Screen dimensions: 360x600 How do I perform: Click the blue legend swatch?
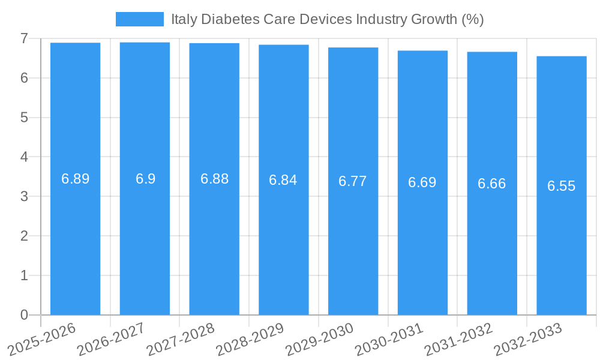point(139,19)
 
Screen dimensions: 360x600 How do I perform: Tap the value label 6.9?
point(145,179)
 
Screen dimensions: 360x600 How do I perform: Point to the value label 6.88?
point(214,179)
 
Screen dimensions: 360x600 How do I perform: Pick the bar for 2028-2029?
point(284,252)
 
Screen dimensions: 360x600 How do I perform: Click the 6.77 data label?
point(353,181)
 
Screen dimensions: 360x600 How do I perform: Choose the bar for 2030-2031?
point(422,252)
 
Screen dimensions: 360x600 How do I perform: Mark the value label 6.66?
point(492,184)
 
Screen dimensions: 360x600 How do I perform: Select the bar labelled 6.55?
point(562,252)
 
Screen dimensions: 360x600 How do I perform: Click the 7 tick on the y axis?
point(24,38)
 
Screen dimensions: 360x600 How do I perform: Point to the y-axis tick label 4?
point(24,157)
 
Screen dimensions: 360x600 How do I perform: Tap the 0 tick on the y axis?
point(24,315)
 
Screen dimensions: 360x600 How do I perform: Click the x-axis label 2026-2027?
point(112,340)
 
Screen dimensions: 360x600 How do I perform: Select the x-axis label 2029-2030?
point(320,340)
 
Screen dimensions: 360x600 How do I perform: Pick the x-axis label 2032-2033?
point(529,340)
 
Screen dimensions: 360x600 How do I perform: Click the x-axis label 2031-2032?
point(459,340)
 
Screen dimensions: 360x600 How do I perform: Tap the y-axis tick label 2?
point(24,236)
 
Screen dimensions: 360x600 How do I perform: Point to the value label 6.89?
point(76,179)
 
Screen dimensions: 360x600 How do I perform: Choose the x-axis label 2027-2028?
point(181,340)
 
